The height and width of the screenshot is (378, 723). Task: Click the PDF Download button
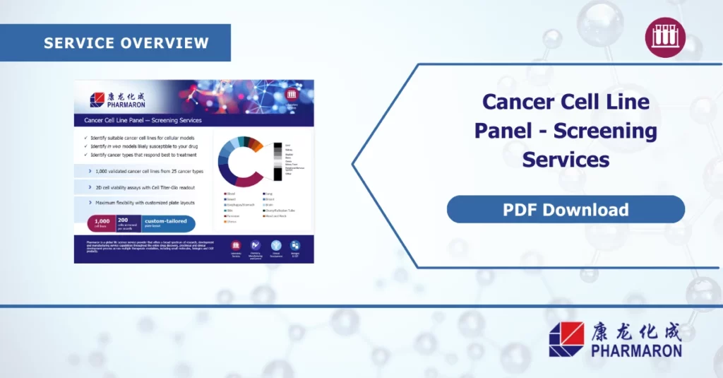[566, 210]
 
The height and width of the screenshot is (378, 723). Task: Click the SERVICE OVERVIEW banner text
[126, 42]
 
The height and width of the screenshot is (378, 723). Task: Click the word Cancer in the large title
[518, 101]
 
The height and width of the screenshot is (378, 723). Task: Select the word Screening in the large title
[605, 131]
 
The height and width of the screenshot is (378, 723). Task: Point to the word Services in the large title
[566, 160]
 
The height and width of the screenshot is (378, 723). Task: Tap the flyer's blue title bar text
[138, 120]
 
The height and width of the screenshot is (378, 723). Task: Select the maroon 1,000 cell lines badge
[102, 223]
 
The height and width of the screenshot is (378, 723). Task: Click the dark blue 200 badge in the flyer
[128, 223]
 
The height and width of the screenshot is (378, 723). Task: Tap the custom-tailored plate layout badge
[167, 223]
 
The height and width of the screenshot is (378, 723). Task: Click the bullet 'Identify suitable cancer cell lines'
[142, 138]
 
